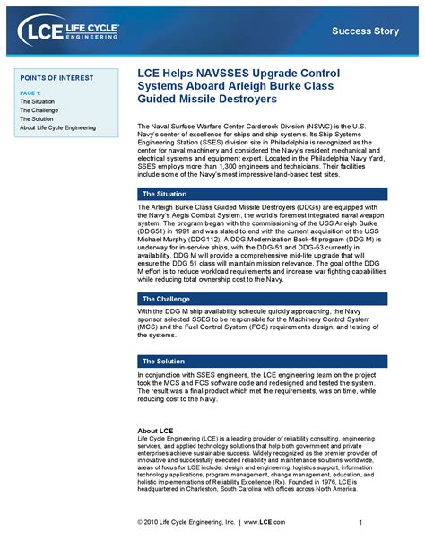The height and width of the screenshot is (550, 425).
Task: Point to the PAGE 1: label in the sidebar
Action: [30, 93]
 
